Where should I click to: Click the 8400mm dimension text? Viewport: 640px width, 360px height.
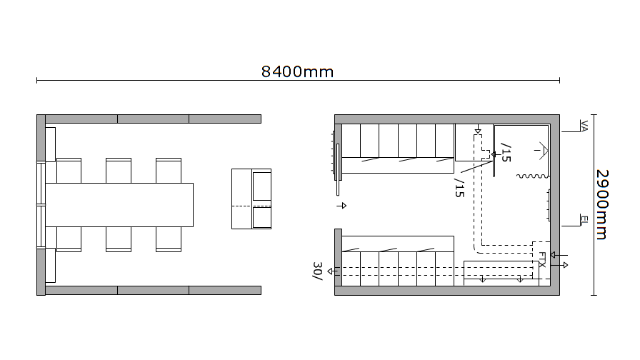point(297,72)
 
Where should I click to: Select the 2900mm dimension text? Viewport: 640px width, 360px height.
point(602,204)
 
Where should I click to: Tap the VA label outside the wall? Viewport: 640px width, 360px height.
point(584,126)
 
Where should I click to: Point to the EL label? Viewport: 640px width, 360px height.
point(584,221)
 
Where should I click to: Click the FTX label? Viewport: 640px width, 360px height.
point(542,259)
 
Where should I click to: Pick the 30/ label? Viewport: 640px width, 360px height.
point(318,271)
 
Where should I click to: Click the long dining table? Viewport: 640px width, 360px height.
point(119,205)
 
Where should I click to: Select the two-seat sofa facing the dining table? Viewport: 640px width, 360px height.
point(251,199)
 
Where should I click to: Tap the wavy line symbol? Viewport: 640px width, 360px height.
point(533,176)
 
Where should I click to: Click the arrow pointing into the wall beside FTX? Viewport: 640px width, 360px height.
point(559,255)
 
